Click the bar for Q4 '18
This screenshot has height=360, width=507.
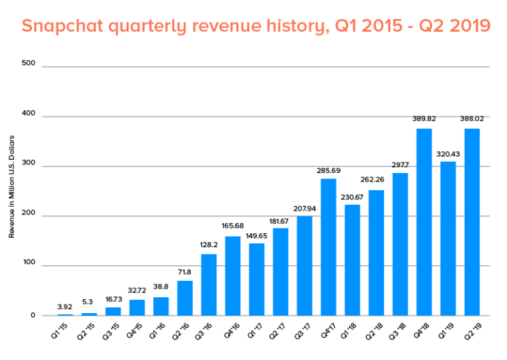[x=424, y=222]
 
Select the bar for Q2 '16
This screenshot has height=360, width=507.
[x=185, y=298]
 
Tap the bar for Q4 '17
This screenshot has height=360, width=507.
[x=328, y=247]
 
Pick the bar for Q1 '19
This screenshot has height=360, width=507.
[x=448, y=238]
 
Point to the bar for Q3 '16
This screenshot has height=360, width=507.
[x=209, y=285]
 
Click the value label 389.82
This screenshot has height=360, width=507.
[x=424, y=120]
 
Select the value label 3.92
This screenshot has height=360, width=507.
[x=65, y=306]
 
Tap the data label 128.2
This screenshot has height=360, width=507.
[x=209, y=245]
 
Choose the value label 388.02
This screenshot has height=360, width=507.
[x=472, y=120]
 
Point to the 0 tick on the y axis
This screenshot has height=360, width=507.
[x=32, y=316]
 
